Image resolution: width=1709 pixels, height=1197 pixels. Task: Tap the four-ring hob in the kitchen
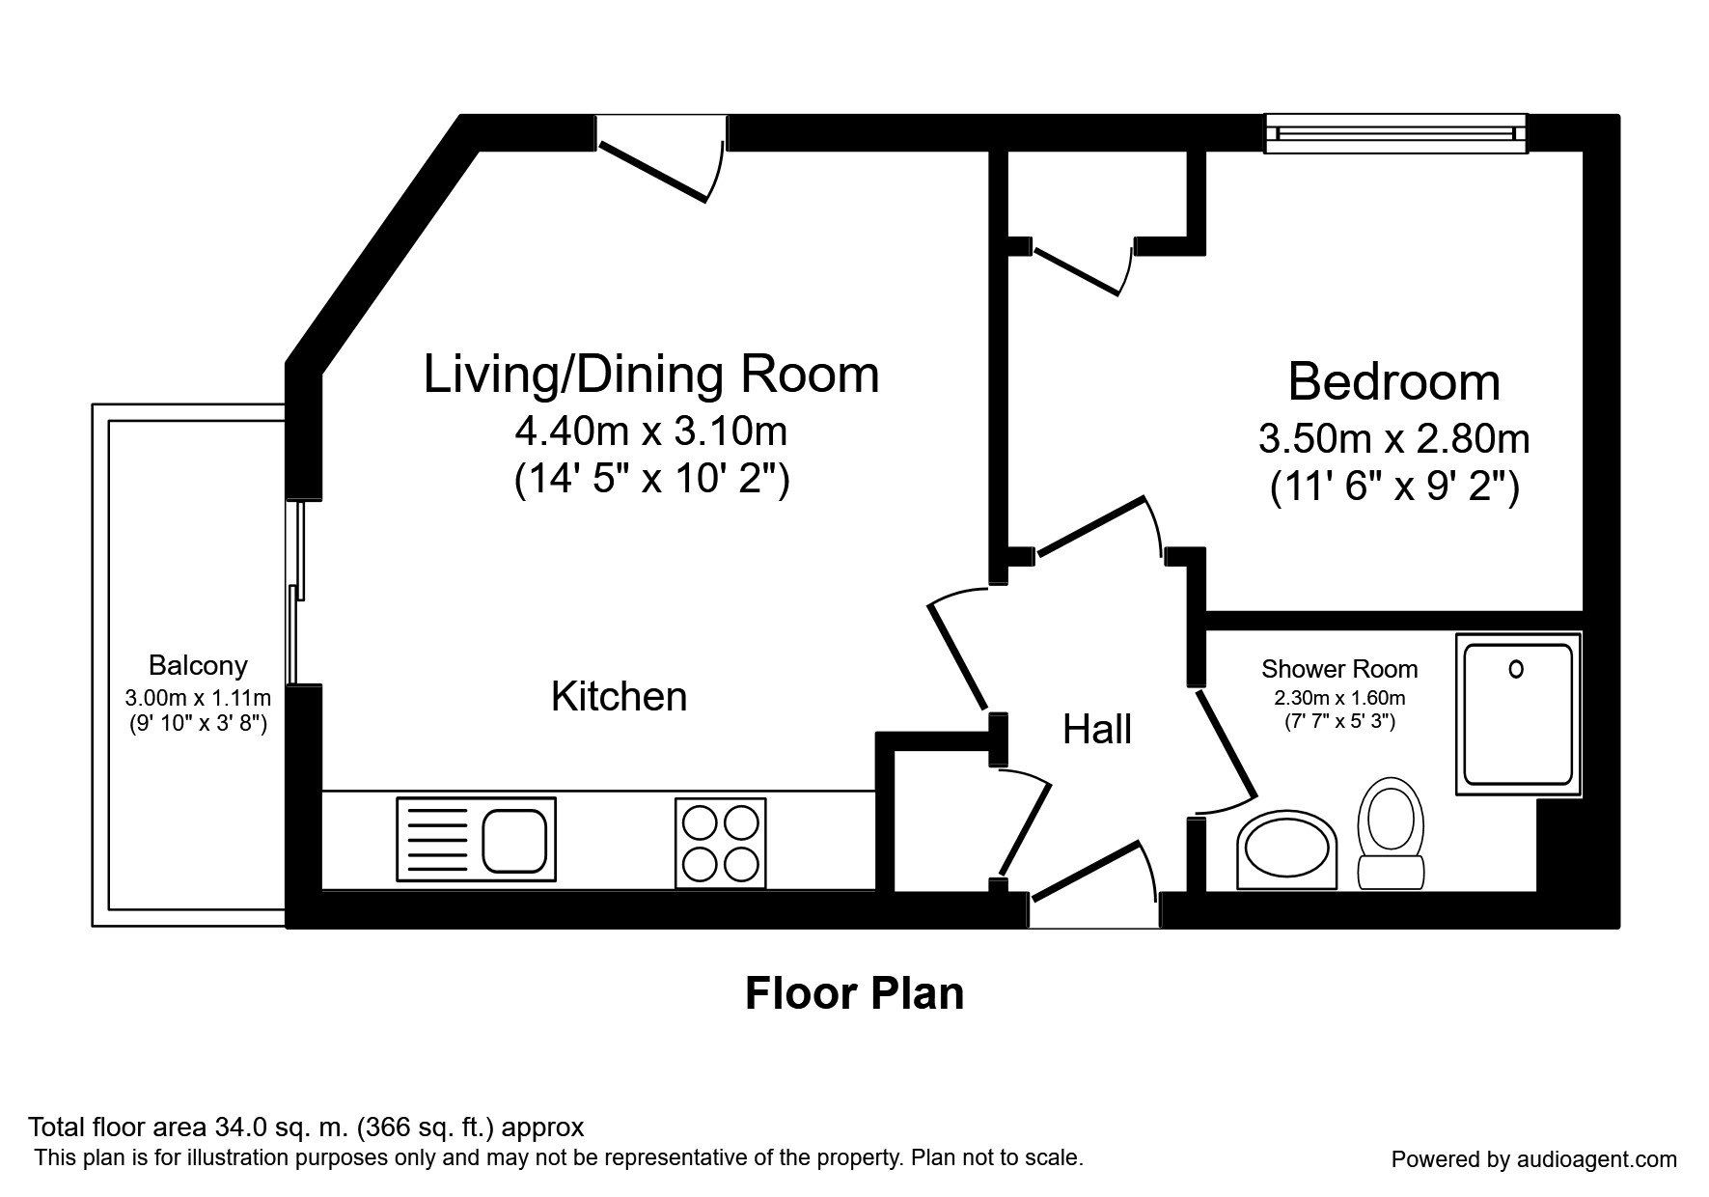pyautogui.click(x=720, y=843)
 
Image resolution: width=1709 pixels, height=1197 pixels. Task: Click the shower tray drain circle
pyautogui.click(x=1515, y=668)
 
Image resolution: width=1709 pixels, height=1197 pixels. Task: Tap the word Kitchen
pyautogui.click(x=619, y=696)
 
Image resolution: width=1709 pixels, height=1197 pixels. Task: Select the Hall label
pyautogui.click(x=1097, y=730)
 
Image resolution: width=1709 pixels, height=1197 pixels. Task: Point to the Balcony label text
pyautogui.click(x=198, y=665)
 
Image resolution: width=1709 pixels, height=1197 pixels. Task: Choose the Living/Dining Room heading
pyautogui.click(x=651, y=375)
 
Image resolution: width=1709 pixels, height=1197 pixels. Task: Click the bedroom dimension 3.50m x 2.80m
pyautogui.click(x=1393, y=439)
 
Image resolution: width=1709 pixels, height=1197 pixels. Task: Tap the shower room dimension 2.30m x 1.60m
pyautogui.click(x=1339, y=698)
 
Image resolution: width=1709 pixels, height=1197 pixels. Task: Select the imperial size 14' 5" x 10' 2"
pyautogui.click(x=651, y=479)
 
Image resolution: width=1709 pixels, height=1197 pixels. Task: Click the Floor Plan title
pyautogui.click(x=854, y=993)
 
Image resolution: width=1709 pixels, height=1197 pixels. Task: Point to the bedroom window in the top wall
pyautogui.click(x=1396, y=133)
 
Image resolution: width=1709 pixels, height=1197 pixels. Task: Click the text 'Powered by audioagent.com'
pyautogui.click(x=1533, y=1159)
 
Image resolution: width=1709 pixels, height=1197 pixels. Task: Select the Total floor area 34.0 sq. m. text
pyautogui.click(x=306, y=1127)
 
